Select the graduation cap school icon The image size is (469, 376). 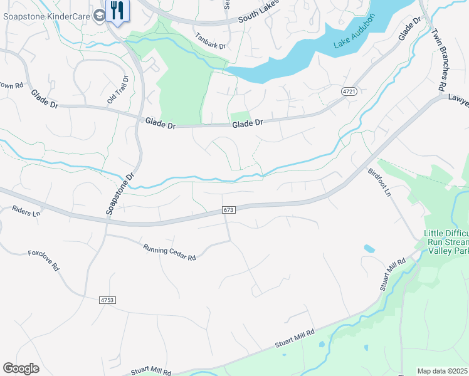click(100, 16)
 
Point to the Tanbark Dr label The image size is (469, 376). click(209, 41)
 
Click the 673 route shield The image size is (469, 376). click(228, 209)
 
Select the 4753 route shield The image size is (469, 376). click(108, 300)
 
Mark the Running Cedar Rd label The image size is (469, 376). click(169, 253)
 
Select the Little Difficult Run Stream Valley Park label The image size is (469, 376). click(446, 241)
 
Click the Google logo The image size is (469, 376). click(21, 368)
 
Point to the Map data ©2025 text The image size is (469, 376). click(442, 371)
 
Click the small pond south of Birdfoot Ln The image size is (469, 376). click(369, 249)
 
